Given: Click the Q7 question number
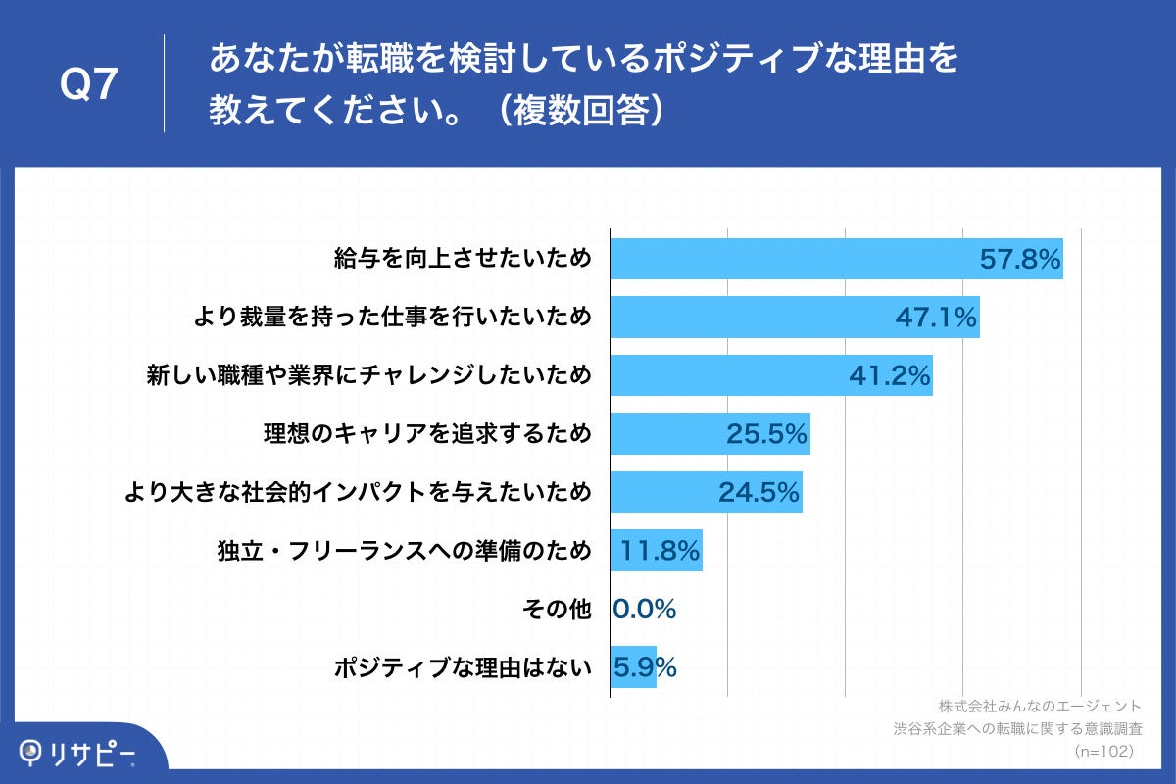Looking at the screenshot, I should click(89, 85).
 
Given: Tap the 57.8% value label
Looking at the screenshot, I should click(1020, 260).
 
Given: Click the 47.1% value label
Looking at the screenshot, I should click(936, 318).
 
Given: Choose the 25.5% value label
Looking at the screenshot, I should click(766, 434).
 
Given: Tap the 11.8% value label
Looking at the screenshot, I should click(660, 551).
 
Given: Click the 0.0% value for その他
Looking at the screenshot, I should click(645, 610).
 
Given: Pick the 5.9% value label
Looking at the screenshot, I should click(645, 667).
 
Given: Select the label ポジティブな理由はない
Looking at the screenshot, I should click(464, 667).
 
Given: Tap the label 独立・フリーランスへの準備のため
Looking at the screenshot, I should click(404, 551).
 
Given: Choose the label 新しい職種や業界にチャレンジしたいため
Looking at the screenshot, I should click(368, 375).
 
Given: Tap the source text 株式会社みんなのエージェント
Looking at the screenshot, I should click(1039, 706).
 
